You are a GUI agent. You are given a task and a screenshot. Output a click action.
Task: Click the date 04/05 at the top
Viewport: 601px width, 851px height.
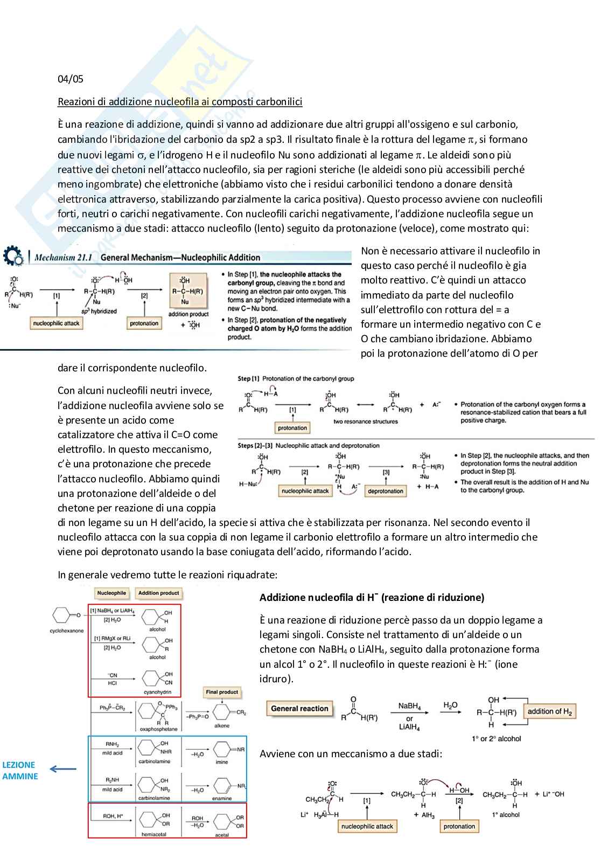(71, 79)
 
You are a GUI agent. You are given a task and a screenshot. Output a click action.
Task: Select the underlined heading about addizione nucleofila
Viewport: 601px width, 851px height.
(180, 102)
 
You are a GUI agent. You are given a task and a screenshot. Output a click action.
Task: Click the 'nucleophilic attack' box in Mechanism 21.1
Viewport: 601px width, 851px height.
(56, 323)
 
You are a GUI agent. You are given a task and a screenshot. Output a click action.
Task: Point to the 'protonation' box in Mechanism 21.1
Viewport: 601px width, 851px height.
(144, 323)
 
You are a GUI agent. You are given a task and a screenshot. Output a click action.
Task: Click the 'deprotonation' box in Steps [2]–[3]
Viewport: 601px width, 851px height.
(385, 491)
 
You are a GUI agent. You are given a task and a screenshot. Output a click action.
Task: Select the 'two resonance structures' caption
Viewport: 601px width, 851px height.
(365, 421)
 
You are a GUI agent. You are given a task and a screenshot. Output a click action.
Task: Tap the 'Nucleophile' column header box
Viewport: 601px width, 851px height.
(111, 593)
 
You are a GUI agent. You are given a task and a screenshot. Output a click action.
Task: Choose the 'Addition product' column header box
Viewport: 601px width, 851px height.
(158, 593)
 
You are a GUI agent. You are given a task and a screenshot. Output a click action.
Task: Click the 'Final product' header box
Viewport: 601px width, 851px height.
(221, 692)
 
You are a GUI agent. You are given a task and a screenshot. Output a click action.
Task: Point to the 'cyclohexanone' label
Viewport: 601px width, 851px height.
(67, 631)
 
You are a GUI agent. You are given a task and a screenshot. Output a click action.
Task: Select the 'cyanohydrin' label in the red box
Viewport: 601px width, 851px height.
(157, 692)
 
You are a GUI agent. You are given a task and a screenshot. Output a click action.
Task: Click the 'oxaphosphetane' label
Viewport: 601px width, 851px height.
(158, 729)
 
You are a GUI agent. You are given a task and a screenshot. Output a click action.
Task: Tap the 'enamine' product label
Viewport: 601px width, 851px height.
(221, 798)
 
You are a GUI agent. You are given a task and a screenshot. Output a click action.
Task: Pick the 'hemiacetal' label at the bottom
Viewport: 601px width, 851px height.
(153, 834)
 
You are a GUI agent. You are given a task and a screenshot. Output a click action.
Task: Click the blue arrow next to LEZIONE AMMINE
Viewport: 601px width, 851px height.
(63, 769)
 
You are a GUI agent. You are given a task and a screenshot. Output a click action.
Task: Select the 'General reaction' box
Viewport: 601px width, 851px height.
(299, 709)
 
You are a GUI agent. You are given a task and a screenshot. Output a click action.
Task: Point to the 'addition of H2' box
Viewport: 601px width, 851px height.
(549, 711)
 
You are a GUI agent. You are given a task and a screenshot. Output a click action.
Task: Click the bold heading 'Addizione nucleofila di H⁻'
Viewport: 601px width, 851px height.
(372, 597)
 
